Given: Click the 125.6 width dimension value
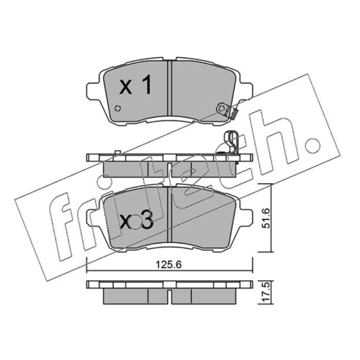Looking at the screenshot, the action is tap(168, 265).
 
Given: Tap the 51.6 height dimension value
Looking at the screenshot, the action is tap(266, 218).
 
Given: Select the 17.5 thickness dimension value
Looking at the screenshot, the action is tap(266, 292).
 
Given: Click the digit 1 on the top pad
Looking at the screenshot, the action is tap(147, 85).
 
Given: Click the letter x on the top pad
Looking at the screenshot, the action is tap(126, 88).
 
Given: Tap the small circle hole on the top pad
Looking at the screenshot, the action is tap(118, 108).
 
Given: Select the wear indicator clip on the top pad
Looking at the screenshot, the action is tap(227, 110).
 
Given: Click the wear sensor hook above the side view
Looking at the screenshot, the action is tap(231, 142).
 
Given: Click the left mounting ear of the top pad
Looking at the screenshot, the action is tap(93, 91).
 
